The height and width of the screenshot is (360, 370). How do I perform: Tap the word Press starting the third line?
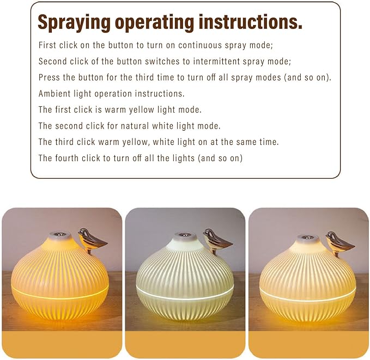tap(50, 77)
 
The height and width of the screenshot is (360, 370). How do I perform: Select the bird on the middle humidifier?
tap(217, 239)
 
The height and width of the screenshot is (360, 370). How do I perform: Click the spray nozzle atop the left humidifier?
tap(59, 236)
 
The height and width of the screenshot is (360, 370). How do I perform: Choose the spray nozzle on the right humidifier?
tap(308, 238)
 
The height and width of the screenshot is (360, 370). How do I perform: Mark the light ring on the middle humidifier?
tap(185, 297)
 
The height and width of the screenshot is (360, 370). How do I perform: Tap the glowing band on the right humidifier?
tap(308, 297)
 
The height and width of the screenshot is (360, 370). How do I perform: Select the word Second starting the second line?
tap(53, 61)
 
